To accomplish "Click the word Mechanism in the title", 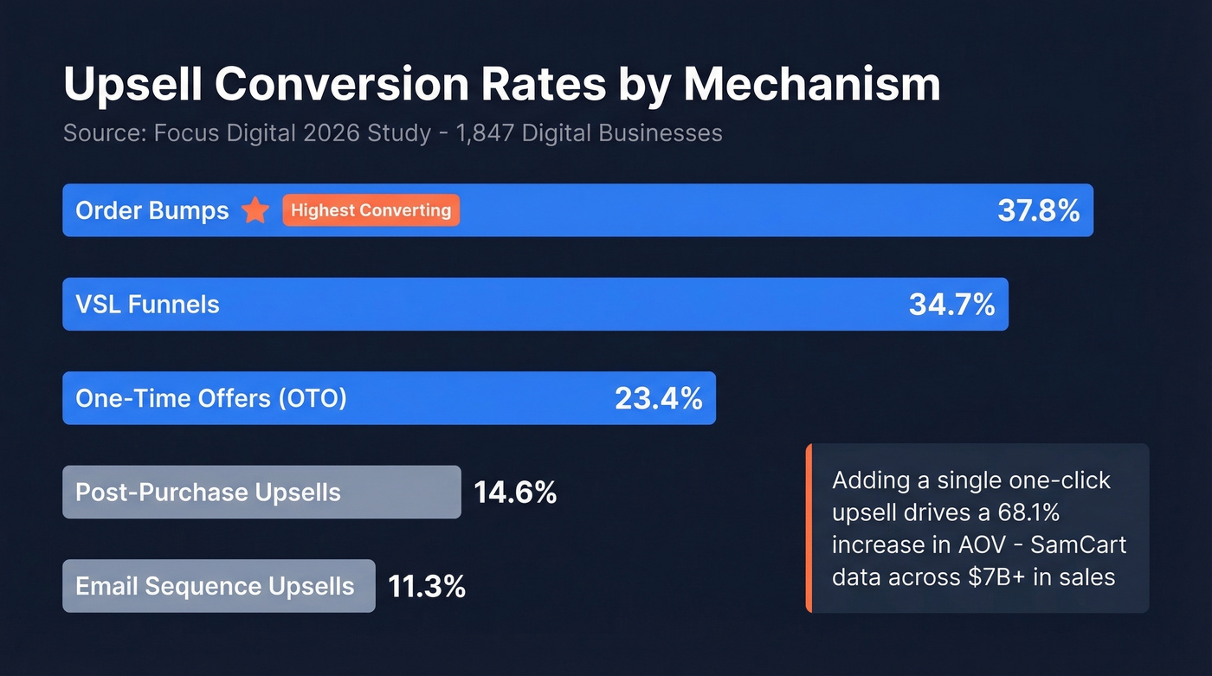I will pyautogui.click(x=811, y=86).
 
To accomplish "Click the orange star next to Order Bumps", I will pyautogui.click(x=255, y=210).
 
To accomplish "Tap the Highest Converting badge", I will pyautogui.click(x=371, y=210).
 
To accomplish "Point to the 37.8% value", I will pyautogui.click(x=1038, y=210).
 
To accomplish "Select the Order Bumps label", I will pyautogui.click(x=152, y=210).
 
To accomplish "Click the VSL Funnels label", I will pyautogui.click(x=147, y=305).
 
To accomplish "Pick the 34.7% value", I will pyautogui.click(x=951, y=305).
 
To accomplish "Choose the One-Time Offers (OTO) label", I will pyautogui.click(x=211, y=398).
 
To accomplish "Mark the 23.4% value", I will pyautogui.click(x=658, y=398).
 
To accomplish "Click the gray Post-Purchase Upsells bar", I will pyautogui.click(x=261, y=493).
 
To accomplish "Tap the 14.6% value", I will pyautogui.click(x=514, y=493).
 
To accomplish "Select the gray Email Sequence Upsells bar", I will pyautogui.click(x=218, y=586).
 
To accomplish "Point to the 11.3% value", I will pyautogui.click(x=427, y=586).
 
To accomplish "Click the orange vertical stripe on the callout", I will pyautogui.click(x=809, y=528).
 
